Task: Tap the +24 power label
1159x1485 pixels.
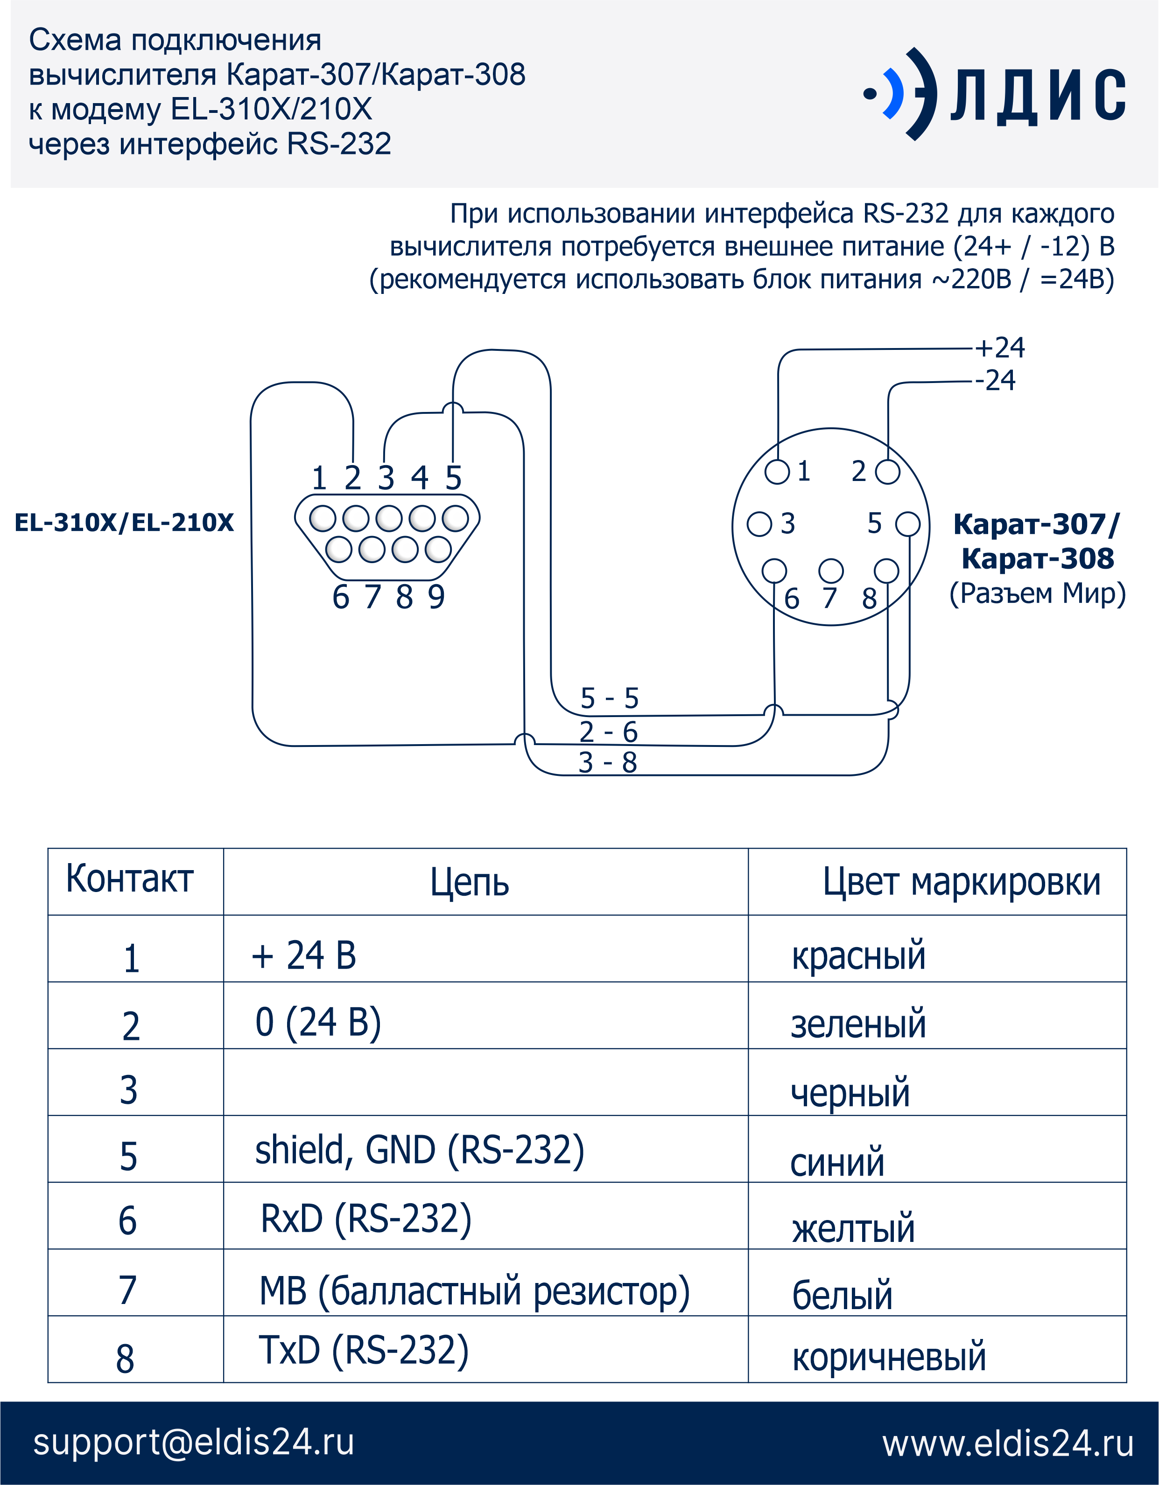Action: [1000, 348]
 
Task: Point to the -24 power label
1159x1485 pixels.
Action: [995, 380]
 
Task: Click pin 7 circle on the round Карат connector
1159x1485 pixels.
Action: [830, 571]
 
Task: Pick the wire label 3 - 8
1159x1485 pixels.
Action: [608, 762]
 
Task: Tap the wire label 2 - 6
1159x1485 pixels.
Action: [609, 732]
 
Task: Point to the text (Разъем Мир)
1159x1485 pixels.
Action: [1037, 593]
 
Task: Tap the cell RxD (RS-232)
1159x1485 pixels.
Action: [366, 1219]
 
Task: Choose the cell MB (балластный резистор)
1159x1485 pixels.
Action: [475, 1291]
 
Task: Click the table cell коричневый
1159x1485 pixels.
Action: [889, 1357]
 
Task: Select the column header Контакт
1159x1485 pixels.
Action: [129, 878]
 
